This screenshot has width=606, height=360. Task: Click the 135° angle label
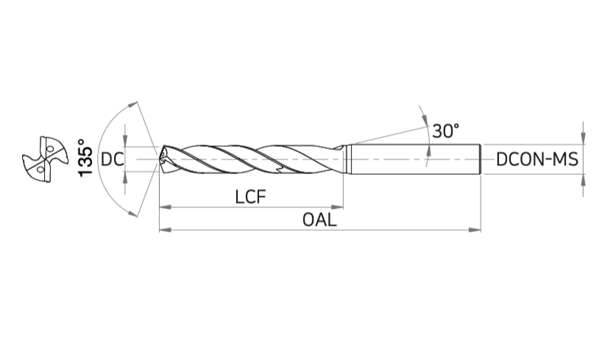point(86,157)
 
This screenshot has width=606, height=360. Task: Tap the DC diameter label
point(112,159)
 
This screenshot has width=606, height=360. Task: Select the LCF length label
point(251,197)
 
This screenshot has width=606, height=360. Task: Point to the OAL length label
point(320,220)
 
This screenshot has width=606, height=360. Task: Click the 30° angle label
point(446,131)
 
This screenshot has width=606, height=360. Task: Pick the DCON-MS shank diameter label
point(538,159)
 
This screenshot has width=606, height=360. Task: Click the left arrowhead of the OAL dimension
point(166,230)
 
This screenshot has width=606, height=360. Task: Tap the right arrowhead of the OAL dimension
point(475,230)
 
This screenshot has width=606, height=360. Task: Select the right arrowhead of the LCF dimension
point(337,207)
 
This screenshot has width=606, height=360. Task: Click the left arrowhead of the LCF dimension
point(166,207)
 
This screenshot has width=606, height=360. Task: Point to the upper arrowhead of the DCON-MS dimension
point(583,138)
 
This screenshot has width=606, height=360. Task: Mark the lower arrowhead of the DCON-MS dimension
point(583,180)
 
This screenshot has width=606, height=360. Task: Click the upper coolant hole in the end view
point(50,148)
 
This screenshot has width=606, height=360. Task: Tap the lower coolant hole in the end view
point(40,169)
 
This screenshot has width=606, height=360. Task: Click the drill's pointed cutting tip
point(159,158)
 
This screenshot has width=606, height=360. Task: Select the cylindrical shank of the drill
point(416,159)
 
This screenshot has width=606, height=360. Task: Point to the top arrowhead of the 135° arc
point(132,105)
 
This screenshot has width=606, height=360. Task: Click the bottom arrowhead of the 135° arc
point(132,213)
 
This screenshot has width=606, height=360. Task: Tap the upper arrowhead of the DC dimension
point(125,141)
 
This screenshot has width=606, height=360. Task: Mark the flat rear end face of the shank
point(480,159)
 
